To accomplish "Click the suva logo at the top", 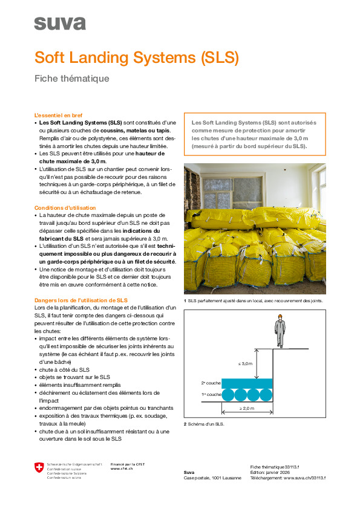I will coord(60,24).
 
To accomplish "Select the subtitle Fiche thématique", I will coord(71,79).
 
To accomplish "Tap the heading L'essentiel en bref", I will coord(59,115).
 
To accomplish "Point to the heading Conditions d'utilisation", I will coord(65,208).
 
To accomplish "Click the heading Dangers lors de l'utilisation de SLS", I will coord(81,300).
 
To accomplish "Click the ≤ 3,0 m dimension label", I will coord(245,363).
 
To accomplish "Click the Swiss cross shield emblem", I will coord(39,467).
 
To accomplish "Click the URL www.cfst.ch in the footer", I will coord(122,468).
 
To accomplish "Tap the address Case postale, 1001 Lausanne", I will coord(212,478).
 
